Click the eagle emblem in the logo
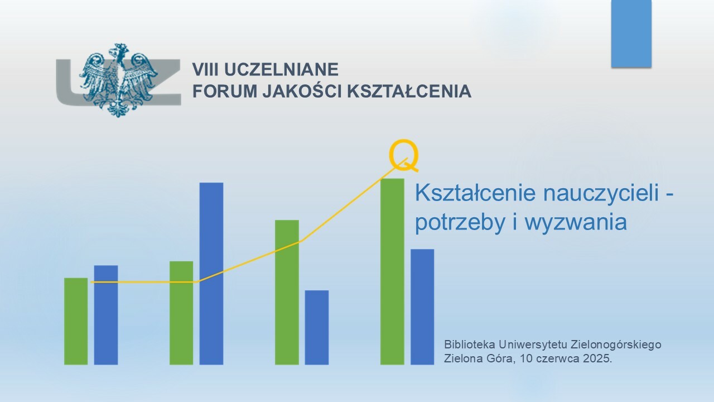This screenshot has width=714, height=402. point(119,80)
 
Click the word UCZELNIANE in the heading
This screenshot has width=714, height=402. point(281,70)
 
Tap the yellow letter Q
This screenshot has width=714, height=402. point(404,155)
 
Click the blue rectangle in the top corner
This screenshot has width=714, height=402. point(631,33)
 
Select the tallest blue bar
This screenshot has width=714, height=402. point(211,274)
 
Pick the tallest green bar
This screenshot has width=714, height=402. point(392,271)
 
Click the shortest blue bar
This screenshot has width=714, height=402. point(316,327)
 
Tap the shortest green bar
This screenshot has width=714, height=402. point(76,321)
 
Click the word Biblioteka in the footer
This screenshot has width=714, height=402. point(470,344)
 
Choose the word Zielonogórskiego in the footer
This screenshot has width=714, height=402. point(616,345)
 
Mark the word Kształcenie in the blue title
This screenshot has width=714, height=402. point(475,193)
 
